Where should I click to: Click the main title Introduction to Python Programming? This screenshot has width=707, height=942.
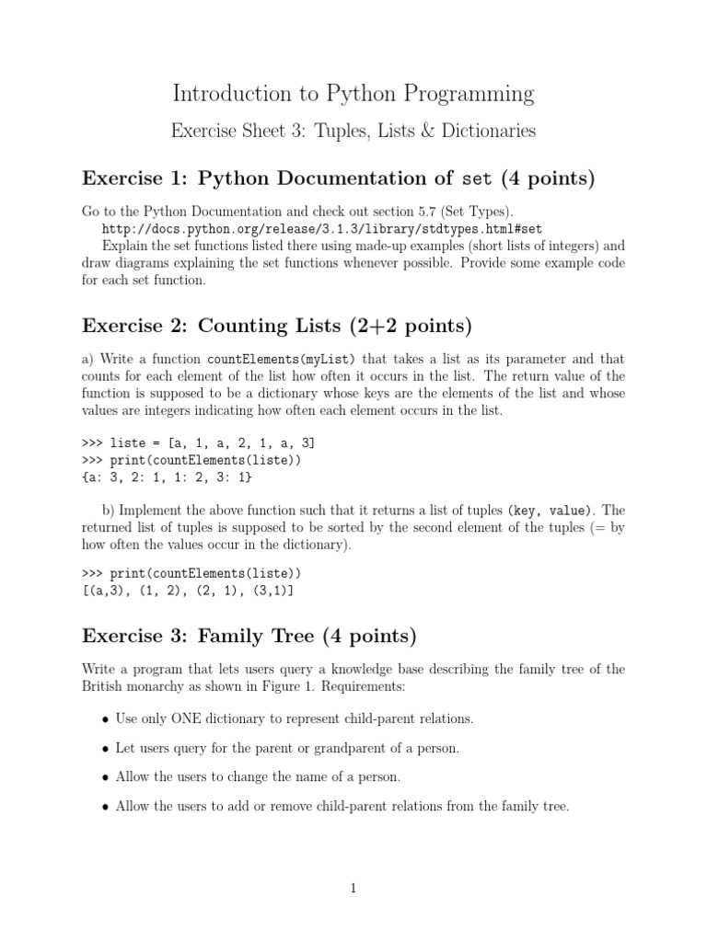(353, 93)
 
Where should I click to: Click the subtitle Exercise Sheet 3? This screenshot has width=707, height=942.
(353, 132)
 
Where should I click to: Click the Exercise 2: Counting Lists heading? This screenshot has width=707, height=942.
(276, 325)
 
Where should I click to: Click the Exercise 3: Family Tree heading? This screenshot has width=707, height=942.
(249, 636)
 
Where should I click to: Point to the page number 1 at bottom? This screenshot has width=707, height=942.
(353, 889)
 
